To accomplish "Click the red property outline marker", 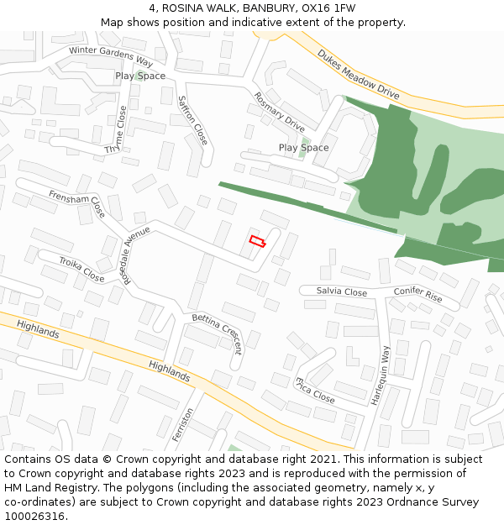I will [x=257, y=242].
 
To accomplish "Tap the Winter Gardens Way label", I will [x=111, y=56].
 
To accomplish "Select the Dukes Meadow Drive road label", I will [x=357, y=75].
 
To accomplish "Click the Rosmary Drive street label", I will [x=279, y=112].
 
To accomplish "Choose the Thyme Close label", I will [x=118, y=129].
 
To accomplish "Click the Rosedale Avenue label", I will [x=136, y=255].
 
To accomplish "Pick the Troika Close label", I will [x=81, y=270].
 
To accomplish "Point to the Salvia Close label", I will [x=342, y=292].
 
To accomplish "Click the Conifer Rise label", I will [x=417, y=294].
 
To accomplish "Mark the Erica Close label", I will [x=314, y=391].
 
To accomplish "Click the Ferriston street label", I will [x=182, y=425].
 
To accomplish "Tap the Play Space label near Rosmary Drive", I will [x=303, y=148].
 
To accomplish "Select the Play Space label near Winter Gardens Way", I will [x=140, y=76].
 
